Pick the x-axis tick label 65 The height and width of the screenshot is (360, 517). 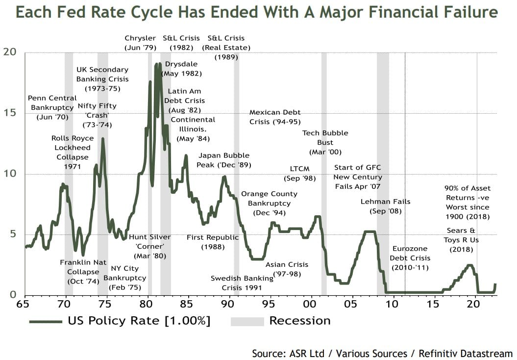coord(23,305)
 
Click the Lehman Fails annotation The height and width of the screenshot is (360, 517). coord(386,206)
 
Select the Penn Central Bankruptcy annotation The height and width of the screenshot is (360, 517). coord(52,107)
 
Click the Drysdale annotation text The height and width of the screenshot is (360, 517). coord(181,69)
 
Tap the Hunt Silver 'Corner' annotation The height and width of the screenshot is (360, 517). coord(149,246)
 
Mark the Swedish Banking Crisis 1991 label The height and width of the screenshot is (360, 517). coord(242,283)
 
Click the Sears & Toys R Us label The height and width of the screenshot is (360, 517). coord(460,240)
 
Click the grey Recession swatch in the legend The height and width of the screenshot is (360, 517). coord(247,321)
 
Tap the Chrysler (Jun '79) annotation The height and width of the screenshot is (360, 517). coord(140,43)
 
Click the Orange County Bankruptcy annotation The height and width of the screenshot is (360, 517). coord(269,203)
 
